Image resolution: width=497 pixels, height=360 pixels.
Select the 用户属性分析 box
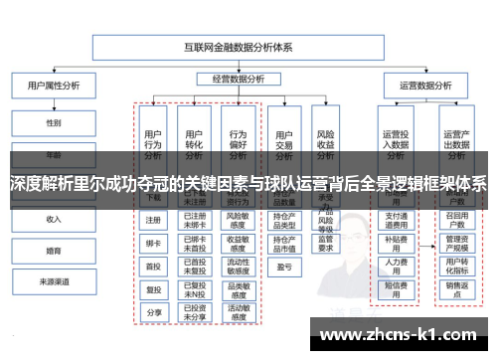(x=54, y=87)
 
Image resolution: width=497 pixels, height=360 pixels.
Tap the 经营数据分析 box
(x=238, y=78)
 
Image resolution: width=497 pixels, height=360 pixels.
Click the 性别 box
(x=54, y=123)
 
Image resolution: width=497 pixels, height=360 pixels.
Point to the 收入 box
(x=54, y=219)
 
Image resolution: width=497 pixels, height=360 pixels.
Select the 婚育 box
(x=54, y=251)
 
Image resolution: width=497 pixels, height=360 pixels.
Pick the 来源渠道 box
(x=54, y=281)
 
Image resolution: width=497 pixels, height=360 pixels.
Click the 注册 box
(x=153, y=220)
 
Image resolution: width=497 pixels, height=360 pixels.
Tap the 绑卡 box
(x=153, y=243)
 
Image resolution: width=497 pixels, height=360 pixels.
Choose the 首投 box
(x=153, y=266)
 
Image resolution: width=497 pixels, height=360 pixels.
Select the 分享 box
(x=153, y=311)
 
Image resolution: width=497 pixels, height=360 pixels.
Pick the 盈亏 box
(x=284, y=266)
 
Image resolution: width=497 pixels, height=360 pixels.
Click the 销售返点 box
(x=456, y=287)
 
